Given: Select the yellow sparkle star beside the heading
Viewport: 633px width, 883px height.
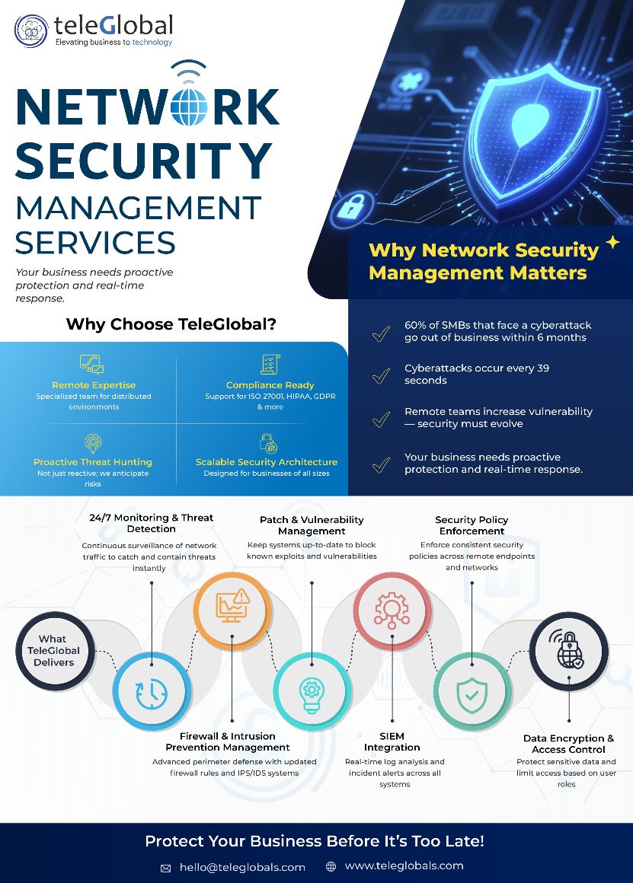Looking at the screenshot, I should point(612,242).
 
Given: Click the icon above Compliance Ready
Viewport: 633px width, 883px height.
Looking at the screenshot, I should point(270,365).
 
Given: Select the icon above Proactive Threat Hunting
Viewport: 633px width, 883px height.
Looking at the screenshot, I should point(93,443).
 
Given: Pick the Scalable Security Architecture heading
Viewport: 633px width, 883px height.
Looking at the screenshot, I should point(266,462).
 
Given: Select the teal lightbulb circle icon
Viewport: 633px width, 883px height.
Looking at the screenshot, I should point(312,690).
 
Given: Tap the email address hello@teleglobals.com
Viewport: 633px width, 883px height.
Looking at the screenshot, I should point(241,867).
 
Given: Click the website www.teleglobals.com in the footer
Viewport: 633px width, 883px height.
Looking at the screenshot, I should point(404,865).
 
